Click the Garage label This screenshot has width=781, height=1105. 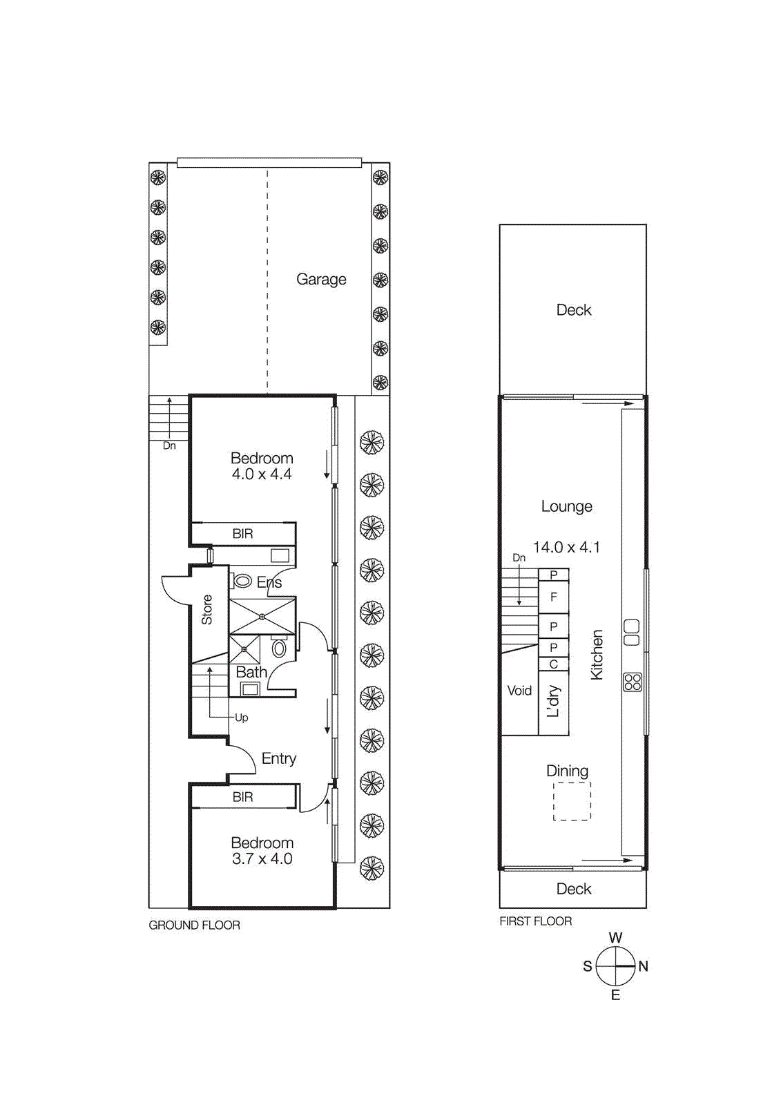(x=321, y=279)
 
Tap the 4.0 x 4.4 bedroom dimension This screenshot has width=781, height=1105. (x=262, y=474)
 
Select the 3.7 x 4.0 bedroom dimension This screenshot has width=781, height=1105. (x=262, y=859)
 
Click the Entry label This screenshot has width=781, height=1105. (x=279, y=758)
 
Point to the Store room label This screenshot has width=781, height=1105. (x=207, y=610)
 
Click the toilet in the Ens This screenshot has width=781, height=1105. (x=242, y=581)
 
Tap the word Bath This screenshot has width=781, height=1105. (x=251, y=672)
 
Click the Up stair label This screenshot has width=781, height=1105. (x=241, y=718)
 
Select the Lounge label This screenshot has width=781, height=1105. (x=566, y=506)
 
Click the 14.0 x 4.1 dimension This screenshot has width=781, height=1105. (x=566, y=547)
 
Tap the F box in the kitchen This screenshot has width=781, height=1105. (x=553, y=597)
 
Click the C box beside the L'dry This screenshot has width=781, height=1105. (x=553, y=664)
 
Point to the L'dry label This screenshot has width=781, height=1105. (x=553, y=702)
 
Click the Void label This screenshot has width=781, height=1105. (x=519, y=691)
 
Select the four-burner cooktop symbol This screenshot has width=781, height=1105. (x=633, y=682)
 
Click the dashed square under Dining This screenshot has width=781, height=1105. (x=572, y=801)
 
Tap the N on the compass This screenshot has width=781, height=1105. (x=644, y=966)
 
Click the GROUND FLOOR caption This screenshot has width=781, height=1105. (x=195, y=925)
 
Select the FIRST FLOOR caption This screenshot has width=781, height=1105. (x=536, y=921)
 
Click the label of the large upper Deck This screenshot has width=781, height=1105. (x=574, y=310)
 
